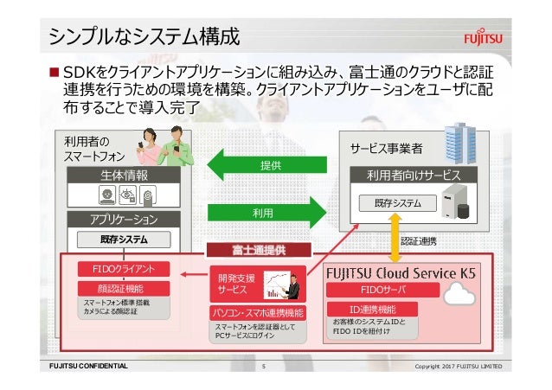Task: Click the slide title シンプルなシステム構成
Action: [x=144, y=36]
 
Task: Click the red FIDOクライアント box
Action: [x=118, y=268]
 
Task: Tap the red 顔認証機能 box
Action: [x=118, y=288]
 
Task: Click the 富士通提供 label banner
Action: [x=257, y=250]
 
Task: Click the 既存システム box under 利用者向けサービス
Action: [x=399, y=203]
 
